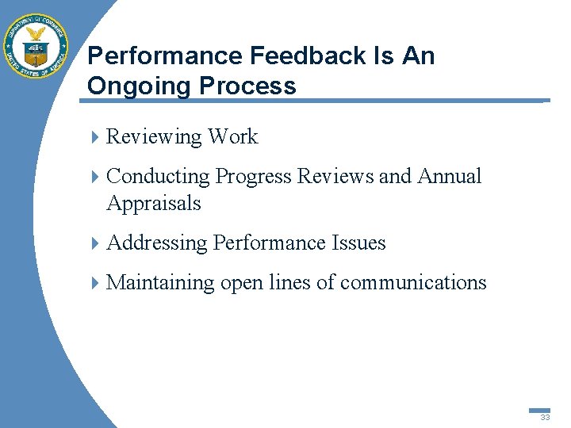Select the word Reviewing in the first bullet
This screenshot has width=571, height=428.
tap(154, 137)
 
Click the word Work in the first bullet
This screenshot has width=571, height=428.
tap(232, 137)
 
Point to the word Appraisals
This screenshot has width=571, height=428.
tap(153, 204)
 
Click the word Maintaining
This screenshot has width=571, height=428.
tap(160, 283)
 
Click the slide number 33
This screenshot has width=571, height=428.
tap(545, 417)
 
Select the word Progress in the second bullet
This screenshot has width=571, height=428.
tap(253, 177)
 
